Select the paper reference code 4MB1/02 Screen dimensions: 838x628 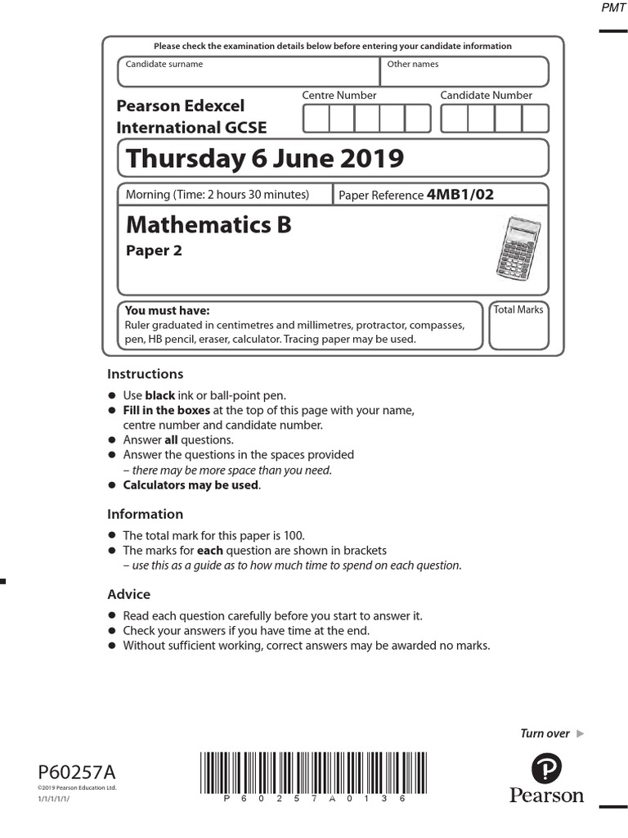coord(460,195)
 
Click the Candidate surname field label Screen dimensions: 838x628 coord(164,64)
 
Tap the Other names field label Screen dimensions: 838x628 coord(412,64)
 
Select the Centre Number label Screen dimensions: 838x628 coord(339,96)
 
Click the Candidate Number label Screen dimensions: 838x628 coord(486,96)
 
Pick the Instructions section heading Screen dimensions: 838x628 coord(146,374)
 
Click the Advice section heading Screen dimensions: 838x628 coord(129,594)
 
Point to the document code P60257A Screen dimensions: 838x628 coord(77,772)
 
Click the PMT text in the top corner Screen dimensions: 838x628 coord(613,7)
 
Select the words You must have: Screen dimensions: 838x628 coord(167,311)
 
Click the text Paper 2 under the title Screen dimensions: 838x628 coord(154,251)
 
